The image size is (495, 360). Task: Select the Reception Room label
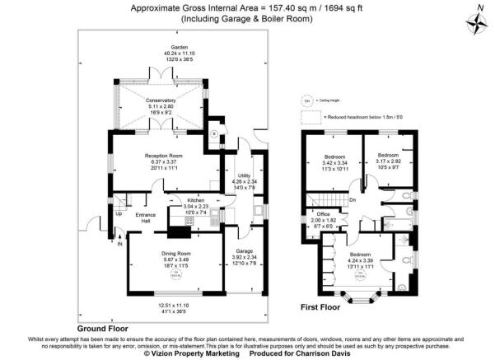click(164, 156)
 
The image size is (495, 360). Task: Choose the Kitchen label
click(195, 201)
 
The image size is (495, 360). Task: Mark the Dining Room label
click(176, 253)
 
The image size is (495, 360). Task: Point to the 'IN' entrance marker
click(119, 244)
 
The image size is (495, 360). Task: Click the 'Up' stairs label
click(118, 214)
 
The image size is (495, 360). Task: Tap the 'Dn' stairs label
click(352, 199)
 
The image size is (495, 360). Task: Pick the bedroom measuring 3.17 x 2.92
click(388, 154)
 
